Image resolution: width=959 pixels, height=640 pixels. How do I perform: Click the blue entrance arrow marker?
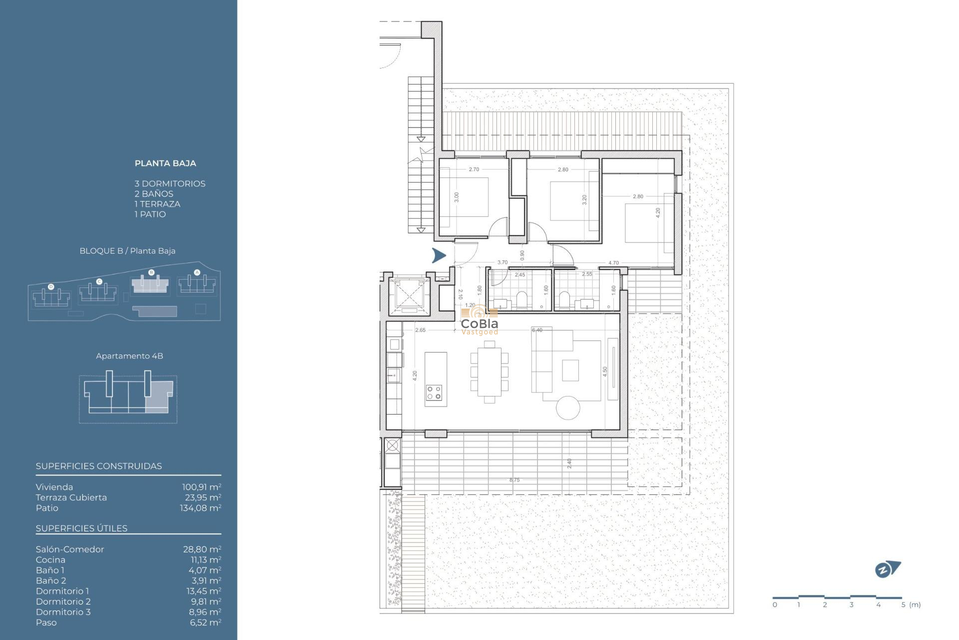pyautogui.click(x=439, y=255)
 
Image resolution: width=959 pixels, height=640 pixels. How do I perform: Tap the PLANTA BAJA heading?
pyautogui.click(x=165, y=163)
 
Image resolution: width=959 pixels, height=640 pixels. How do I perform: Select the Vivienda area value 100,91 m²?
pyautogui.click(x=201, y=487)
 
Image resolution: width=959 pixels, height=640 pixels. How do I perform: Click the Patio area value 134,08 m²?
pyautogui.click(x=200, y=508)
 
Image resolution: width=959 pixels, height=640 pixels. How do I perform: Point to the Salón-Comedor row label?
pyautogui.click(x=70, y=549)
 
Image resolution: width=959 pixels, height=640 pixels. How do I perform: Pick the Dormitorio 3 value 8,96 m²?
pyautogui.click(x=205, y=612)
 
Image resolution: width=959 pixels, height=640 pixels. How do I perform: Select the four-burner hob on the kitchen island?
pyautogui.click(x=434, y=392)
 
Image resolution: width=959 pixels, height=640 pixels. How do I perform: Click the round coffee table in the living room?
pyautogui.click(x=568, y=407)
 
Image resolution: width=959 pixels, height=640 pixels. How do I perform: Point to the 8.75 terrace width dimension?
pyautogui.click(x=514, y=480)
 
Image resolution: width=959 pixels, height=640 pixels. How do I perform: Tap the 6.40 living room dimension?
pyautogui.click(x=537, y=330)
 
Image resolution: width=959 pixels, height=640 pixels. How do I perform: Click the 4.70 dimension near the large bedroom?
pyautogui.click(x=613, y=263)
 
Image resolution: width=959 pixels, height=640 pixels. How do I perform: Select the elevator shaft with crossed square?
pyautogui.click(x=409, y=296)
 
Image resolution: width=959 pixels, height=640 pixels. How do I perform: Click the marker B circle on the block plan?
pyautogui.click(x=151, y=272)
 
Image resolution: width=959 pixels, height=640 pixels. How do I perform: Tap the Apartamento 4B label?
pyautogui.click(x=129, y=356)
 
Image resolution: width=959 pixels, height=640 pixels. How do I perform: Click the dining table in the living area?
pyautogui.click(x=489, y=371)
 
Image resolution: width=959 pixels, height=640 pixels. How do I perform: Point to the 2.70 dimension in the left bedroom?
pyautogui.click(x=474, y=169)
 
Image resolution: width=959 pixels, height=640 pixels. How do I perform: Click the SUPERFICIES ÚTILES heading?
pyautogui.click(x=81, y=528)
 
